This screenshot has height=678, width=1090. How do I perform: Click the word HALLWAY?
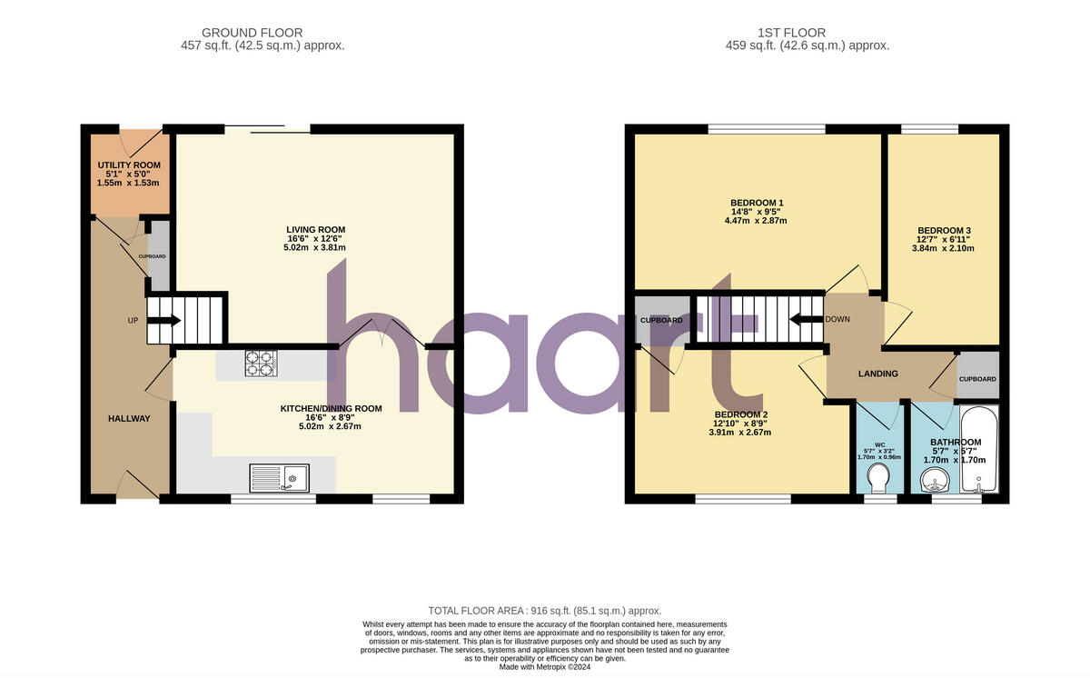tap(129, 418)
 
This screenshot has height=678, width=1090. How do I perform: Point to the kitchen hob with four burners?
tap(259, 364)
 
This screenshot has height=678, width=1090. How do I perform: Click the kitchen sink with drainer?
tap(281, 477)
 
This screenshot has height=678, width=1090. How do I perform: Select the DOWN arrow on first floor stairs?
tap(805, 319)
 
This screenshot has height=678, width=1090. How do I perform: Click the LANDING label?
tap(878, 374)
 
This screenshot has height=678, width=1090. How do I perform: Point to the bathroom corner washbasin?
tap(933, 481)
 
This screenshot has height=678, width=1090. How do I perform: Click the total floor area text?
tap(544, 611)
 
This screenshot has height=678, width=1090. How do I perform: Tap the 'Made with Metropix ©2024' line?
tap(545, 667)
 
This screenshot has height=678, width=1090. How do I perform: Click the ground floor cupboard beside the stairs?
tap(158, 255)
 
